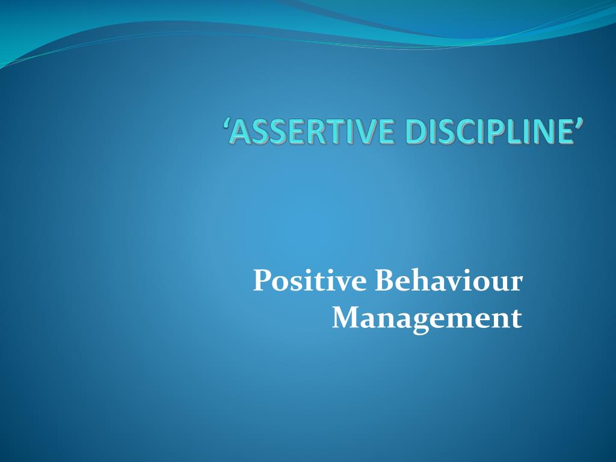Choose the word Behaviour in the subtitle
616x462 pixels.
coord(449,281)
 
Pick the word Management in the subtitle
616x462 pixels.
coord(427,318)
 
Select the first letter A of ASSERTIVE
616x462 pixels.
coord(239,132)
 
